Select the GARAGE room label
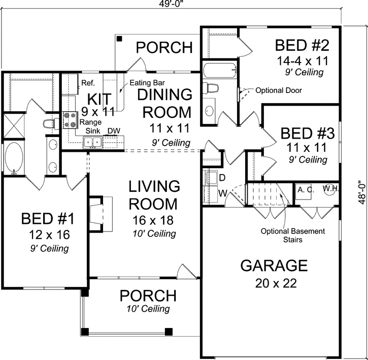pyautogui.click(x=274, y=266)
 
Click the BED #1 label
pyautogui.click(x=48, y=219)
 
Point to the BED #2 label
pyautogui.click(x=302, y=46)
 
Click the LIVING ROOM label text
pyautogui.click(x=153, y=195)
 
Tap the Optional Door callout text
pyautogui.click(x=278, y=91)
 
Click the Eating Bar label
pyautogui.click(x=147, y=82)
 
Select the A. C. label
pyautogui.click(x=306, y=189)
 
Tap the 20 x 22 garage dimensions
pyautogui.click(x=274, y=283)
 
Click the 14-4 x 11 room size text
pyautogui.click(x=302, y=61)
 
